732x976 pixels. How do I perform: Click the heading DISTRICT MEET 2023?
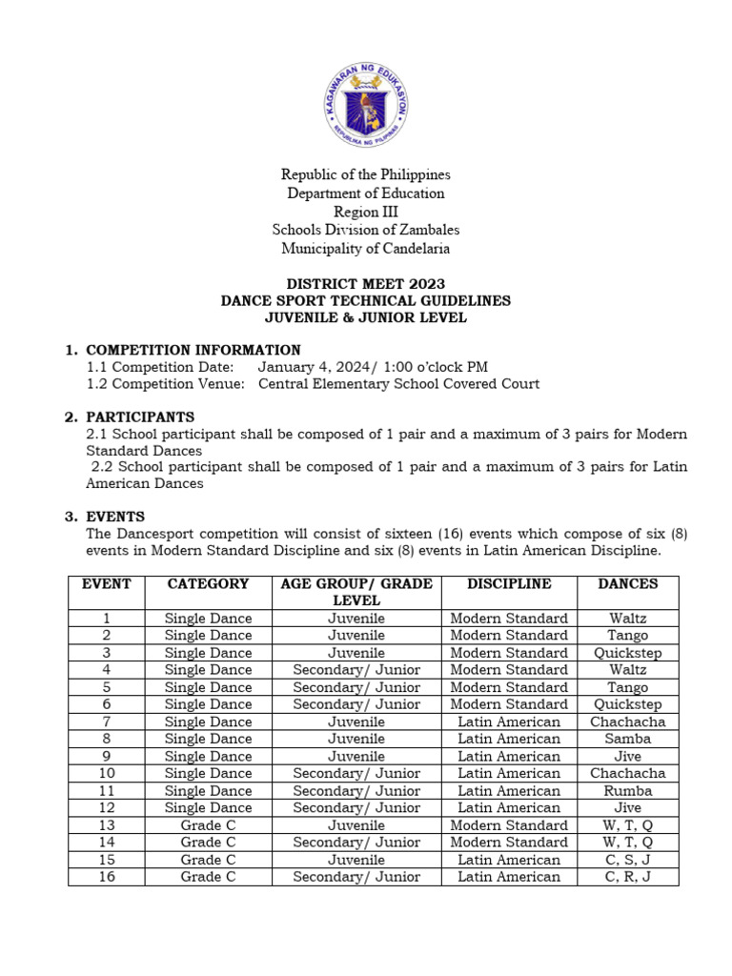click(x=365, y=284)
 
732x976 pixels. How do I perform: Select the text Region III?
click(x=365, y=212)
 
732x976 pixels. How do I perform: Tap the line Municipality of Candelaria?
click(x=365, y=249)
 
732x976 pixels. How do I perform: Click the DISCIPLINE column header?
click(x=509, y=583)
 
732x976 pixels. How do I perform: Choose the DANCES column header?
click(x=627, y=583)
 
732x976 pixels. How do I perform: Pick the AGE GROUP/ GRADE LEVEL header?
click(x=356, y=592)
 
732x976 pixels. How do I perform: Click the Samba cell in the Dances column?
click(x=627, y=739)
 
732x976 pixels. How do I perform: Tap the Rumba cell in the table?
click(x=627, y=791)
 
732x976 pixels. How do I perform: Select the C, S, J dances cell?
click(x=627, y=860)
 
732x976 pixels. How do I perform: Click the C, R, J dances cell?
click(x=627, y=877)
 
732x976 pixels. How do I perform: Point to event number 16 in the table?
click(x=107, y=877)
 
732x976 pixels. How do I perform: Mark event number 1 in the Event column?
click(x=107, y=619)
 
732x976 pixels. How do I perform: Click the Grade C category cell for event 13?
click(x=208, y=825)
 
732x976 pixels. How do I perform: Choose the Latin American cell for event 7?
click(x=509, y=722)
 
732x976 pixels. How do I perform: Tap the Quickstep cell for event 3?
click(x=627, y=653)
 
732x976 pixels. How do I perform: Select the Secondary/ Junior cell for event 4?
click(x=356, y=670)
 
